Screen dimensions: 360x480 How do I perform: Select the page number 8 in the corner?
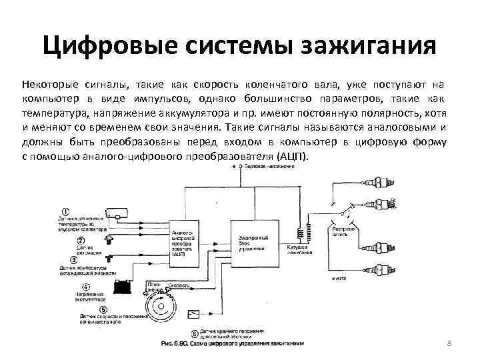[x=449, y=343]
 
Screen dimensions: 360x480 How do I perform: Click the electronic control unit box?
[x=254, y=244]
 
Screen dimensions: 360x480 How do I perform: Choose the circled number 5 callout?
[x=103, y=309]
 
